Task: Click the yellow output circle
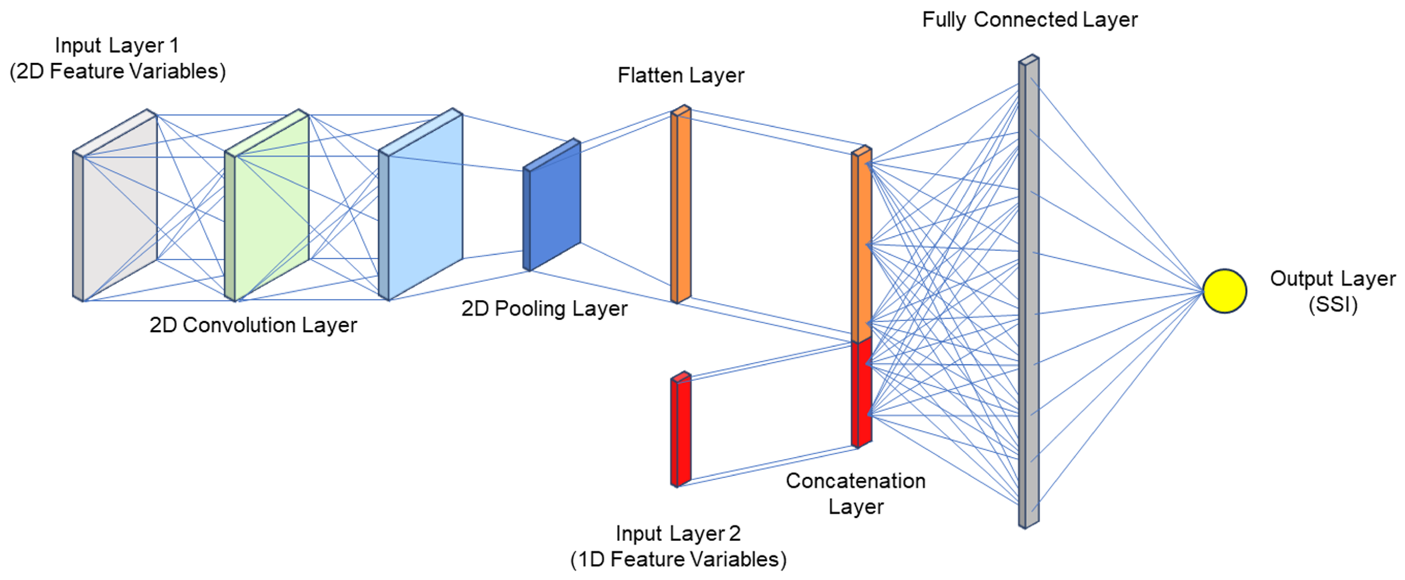(1224, 291)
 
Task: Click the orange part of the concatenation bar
(862, 245)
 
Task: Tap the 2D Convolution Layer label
(253, 325)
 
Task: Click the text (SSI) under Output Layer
(1332, 304)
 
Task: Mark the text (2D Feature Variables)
(117, 71)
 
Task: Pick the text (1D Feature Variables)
(678, 559)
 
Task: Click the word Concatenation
(855, 481)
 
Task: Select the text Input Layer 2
(678, 533)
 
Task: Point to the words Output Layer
(1332, 279)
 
